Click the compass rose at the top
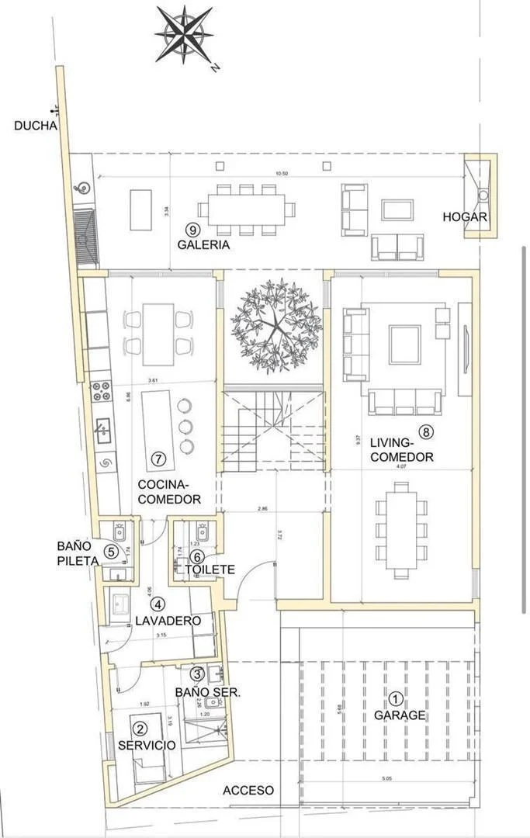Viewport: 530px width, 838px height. point(185,34)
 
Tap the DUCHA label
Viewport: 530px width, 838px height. point(36,125)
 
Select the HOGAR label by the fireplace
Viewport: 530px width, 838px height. point(465,217)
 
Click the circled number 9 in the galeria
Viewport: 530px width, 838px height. point(193,229)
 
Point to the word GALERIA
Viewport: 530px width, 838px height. point(203,244)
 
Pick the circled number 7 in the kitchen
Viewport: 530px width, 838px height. point(158,459)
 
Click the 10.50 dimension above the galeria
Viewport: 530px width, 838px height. point(270,174)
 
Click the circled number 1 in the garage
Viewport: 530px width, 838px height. point(396,698)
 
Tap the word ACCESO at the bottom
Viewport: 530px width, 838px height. point(248,791)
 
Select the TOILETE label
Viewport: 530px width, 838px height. point(210,570)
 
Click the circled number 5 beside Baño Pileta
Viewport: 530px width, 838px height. point(112,552)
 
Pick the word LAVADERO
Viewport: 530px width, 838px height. point(168,621)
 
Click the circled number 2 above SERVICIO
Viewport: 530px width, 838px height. point(140,729)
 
